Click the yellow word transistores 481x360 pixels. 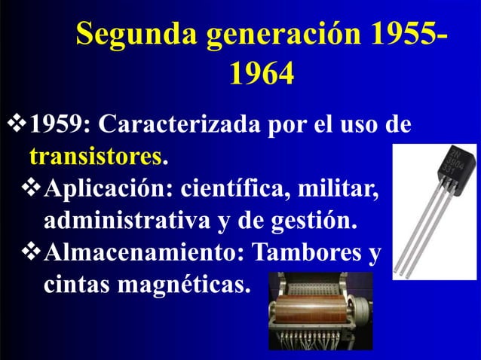96,157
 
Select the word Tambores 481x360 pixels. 306,252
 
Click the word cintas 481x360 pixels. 78,285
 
